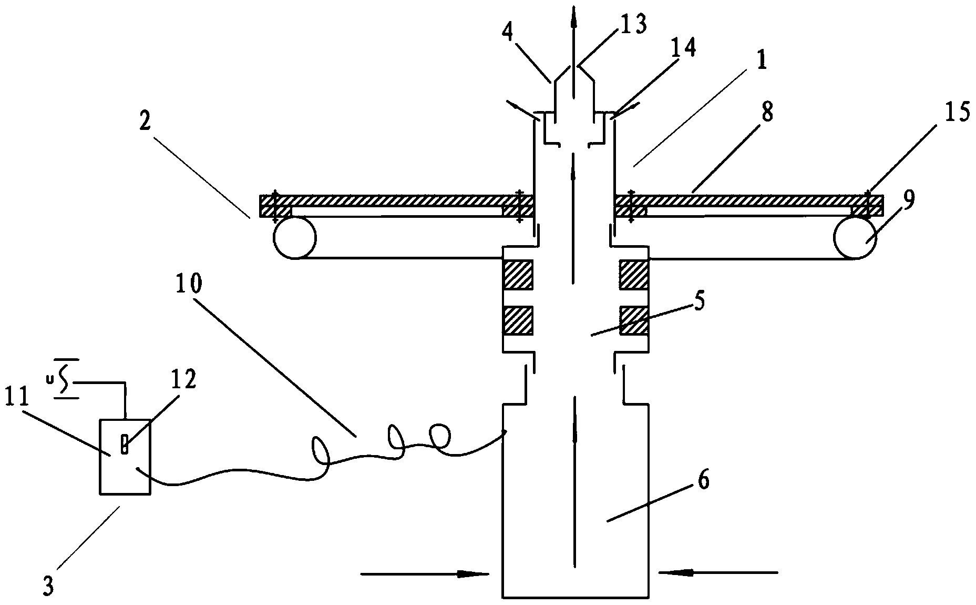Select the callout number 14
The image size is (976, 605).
682,48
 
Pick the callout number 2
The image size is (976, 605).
145,122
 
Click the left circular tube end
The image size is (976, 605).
294,238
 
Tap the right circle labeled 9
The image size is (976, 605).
855,238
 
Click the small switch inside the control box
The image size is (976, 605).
125,443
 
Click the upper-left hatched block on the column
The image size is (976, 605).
518,274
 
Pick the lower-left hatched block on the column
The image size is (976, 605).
518,320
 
